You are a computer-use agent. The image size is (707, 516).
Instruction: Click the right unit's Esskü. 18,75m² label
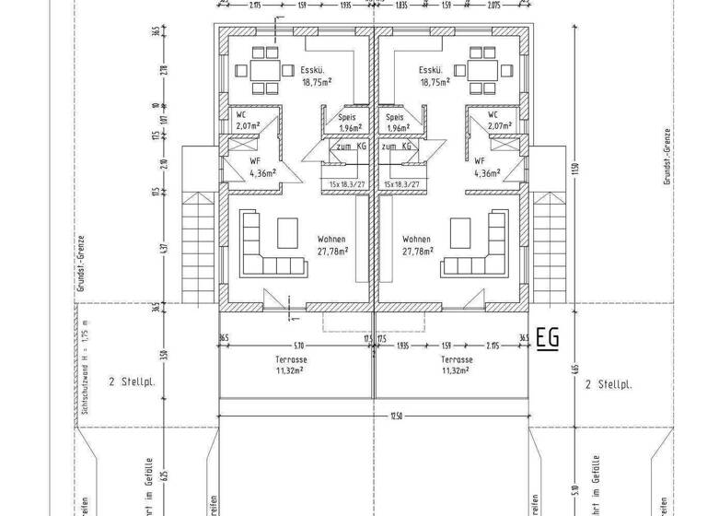pyautogui.click(x=434, y=76)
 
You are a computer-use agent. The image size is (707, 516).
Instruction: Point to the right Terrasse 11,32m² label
pyautogui.click(x=456, y=365)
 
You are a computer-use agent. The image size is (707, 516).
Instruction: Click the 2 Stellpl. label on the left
pyautogui.click(x=130, y=381)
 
